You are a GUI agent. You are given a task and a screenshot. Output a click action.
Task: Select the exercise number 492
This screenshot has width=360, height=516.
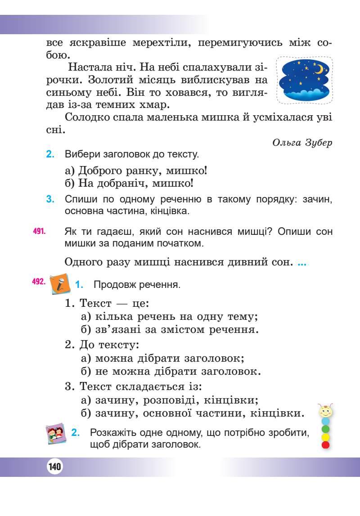coord(38,282)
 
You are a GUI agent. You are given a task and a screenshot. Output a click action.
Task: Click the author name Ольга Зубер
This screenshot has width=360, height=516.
coord(302,143)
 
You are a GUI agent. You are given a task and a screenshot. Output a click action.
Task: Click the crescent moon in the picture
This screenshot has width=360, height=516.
coord(319,69)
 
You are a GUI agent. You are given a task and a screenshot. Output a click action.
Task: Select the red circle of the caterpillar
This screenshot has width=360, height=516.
coord(326,445)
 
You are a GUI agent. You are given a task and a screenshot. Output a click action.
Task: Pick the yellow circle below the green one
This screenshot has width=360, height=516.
coord(326,437)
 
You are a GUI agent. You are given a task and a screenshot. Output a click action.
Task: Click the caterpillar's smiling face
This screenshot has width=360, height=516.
coord(325,411)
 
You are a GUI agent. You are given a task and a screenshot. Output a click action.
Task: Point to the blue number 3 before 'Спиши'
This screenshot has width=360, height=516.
coord(50,199)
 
